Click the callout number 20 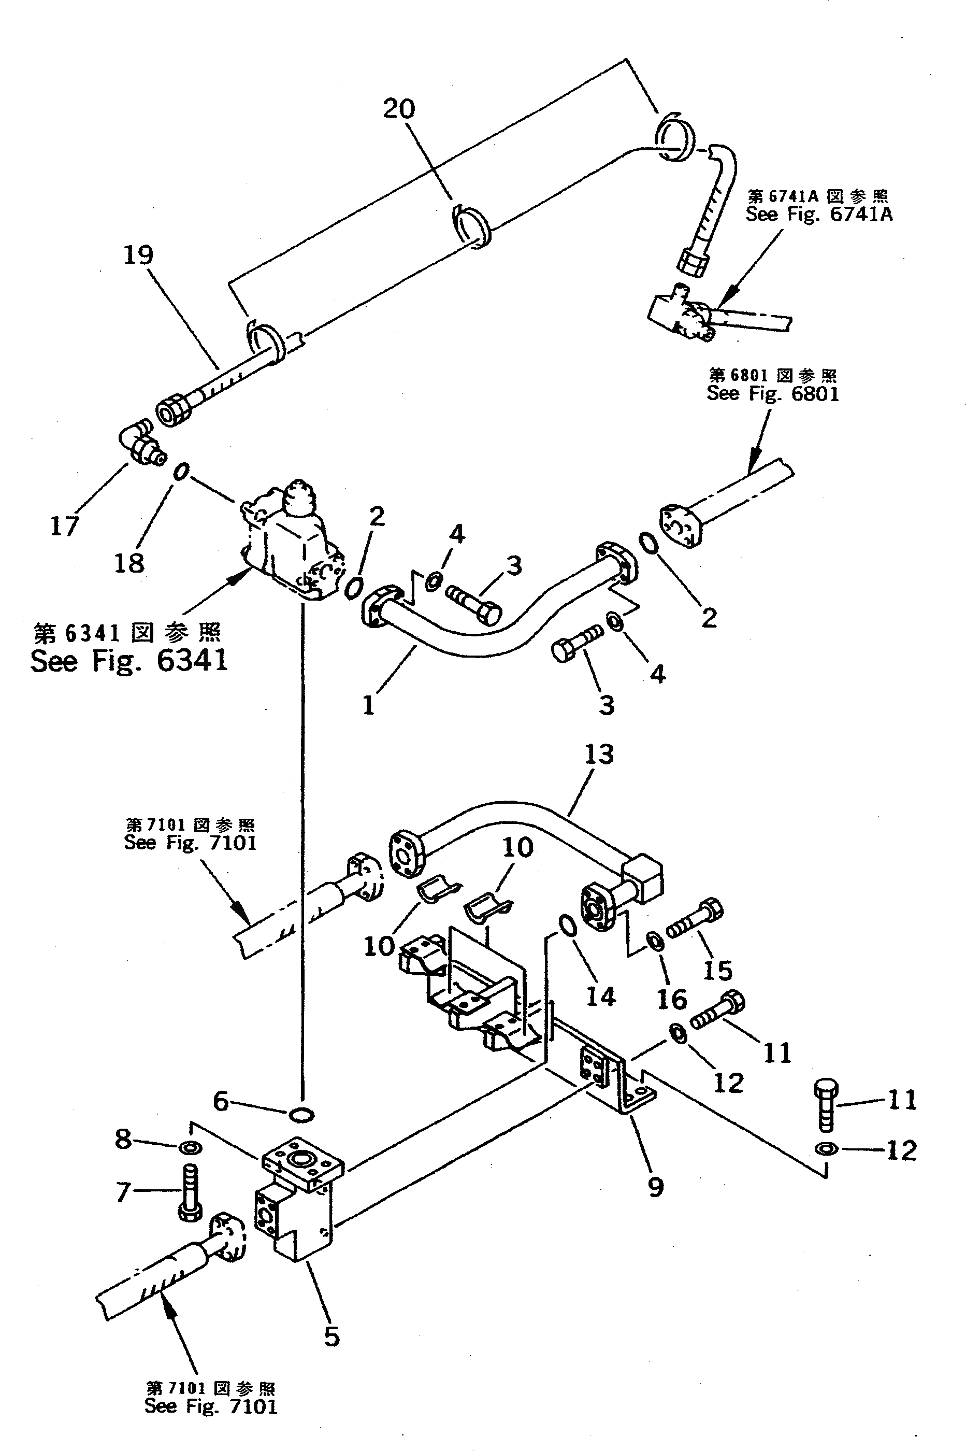pyautogui.click(x=399, y=109)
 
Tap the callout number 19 pyautogui.click(x=138, y=254)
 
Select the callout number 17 pyautogui.click(x=64, y=526)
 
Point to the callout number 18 pyautogui.click(x=129, y=562)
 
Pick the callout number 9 pyautogui.click(x=656, y=1187)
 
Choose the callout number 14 pyautogui.click(x=601, y=997)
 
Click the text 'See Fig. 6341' pyautogui.click(x=129, y=661)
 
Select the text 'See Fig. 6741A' pyautogui.click(x=819, y=215)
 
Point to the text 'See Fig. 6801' pyautogui.click(x=773, y=393)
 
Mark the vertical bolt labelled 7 pyautogui.click(x=190, y=1193)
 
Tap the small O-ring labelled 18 pyautogui.click(x=180, y=472)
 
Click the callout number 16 pyautogui.click(x=671, y=999)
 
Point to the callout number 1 pyautogui.click(x=368, y=705)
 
